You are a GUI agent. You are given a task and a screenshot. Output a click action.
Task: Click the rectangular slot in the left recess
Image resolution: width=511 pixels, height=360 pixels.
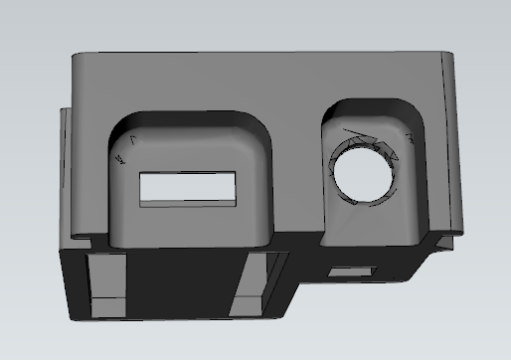(190, 187)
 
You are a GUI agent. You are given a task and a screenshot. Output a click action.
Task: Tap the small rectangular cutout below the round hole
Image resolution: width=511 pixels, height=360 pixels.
(352, 270)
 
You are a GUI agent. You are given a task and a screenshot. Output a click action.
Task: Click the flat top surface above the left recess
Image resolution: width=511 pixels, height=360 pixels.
(189, 85)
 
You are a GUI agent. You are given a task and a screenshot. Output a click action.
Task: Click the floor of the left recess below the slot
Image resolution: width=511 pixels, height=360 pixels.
(189, 224)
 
